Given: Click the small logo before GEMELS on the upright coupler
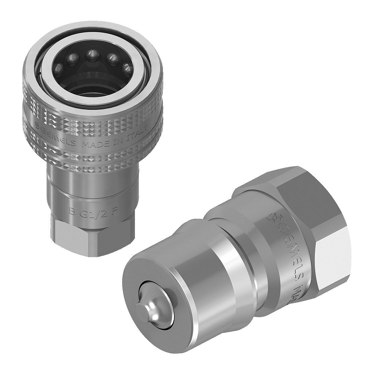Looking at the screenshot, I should pyautogui.click(x=38, y=129).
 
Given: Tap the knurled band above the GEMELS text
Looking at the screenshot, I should pyautogui.click(x=90, y=117).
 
